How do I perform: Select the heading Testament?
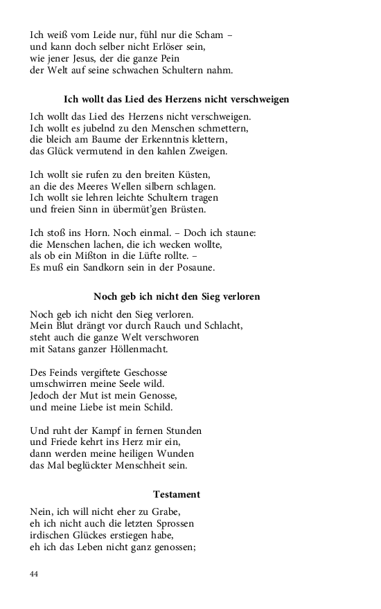pyautogui.click(x=176, y=494)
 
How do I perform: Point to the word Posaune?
pyautogui.click(x=194, y=267)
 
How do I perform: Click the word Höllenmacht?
pyautogui.click(x=137, y=349)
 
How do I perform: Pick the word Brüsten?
pyautogui.click(x=186, y=209)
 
